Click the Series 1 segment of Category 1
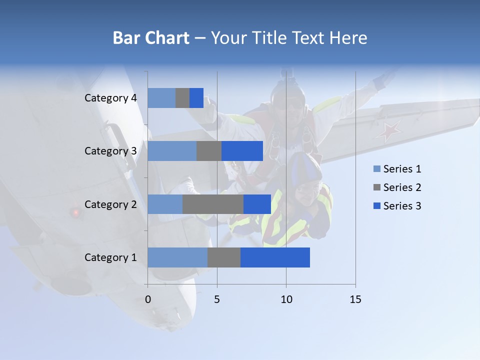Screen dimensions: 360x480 coord(177,257)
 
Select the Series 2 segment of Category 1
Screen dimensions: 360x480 coord(224,257)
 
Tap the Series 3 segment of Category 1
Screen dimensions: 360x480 coord(275,257)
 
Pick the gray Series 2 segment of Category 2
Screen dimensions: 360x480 coord(213,204)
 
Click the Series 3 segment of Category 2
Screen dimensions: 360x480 coord(257,204)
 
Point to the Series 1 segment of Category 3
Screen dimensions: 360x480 coord(172,151)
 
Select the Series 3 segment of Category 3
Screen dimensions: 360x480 coord(242,151)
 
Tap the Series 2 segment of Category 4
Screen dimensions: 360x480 coord(182,98)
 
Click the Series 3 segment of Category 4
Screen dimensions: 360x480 coord(196,98)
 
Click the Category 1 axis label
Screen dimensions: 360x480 coord(110,257)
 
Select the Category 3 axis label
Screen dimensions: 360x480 coord(110,151)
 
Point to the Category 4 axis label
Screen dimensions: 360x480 coord(110,98)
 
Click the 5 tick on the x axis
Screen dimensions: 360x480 coord(217,299)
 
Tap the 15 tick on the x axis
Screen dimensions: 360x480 coord(355,299)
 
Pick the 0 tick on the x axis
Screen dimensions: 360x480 coord(147,299)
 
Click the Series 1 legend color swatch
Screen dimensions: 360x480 coord(377,169)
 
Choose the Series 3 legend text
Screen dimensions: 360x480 coord(402,206)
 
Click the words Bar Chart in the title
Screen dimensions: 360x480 coord(151,37)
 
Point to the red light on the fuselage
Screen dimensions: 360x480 coord(76,212)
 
